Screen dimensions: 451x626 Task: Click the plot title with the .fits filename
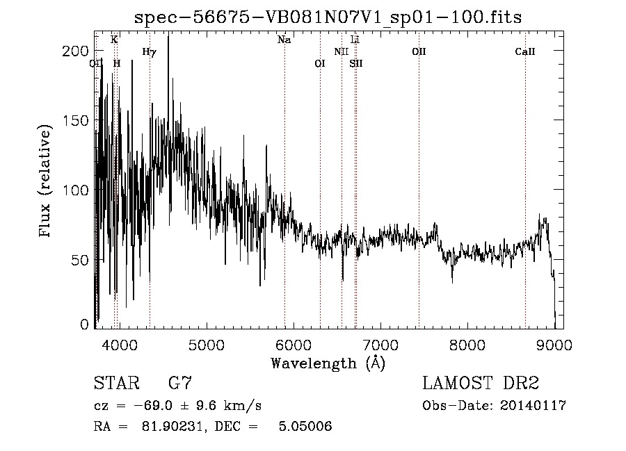click(x=328, y=17)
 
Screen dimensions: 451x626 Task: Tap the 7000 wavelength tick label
click(x=380, y=344)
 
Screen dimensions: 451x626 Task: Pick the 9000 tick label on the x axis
click(x=554, y=344)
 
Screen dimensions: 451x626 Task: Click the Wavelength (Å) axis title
click(x=328, y=363)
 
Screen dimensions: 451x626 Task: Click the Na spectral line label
click(x=284, y=40)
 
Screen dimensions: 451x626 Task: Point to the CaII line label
click(x=525, y=51)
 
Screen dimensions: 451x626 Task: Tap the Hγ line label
click(x=149, y=51)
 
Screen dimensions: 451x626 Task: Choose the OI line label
click(x=320, y=63)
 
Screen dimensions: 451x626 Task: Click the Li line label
click(x=355, y=40)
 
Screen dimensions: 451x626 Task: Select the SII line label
click(x=356, y=63)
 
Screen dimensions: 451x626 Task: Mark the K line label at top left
click(x=114, y=40)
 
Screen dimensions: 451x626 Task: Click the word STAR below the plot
click(x=115, y=384)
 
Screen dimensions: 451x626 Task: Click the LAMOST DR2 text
click(x=481, y=384)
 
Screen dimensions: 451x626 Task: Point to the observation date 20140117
click(x=534, y=406)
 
